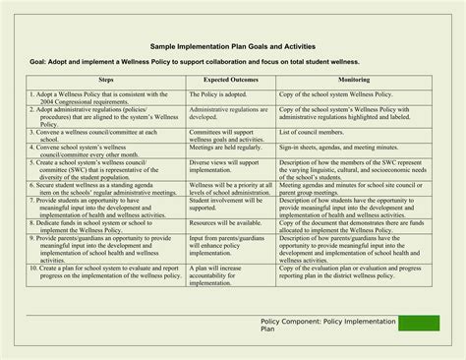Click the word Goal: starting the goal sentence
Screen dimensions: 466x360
pos(40,61)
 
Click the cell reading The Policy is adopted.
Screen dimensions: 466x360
pos(218,95)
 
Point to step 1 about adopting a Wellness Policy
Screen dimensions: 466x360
pos(91,99)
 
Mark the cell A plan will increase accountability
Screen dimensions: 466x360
pos(221,274)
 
